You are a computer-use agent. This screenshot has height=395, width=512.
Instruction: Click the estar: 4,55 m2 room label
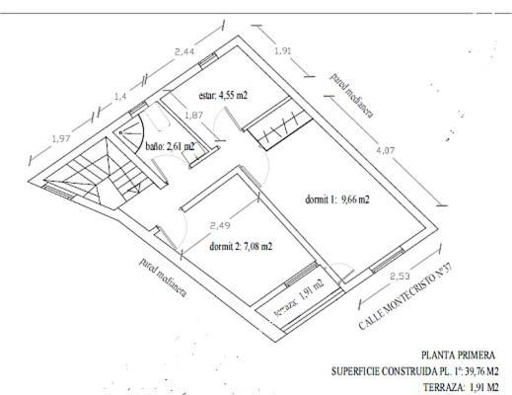point(223,96)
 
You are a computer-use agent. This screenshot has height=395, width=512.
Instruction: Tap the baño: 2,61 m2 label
point(170,146)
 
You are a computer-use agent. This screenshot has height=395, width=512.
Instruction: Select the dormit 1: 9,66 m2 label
point(337,199)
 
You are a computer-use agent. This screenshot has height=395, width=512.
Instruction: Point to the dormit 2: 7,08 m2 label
point(241,247)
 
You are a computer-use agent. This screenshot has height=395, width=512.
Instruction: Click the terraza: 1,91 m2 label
point(300,298)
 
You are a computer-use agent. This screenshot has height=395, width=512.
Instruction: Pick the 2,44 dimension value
point(184,51)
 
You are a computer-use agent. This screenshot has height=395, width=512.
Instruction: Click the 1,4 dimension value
point(120,97)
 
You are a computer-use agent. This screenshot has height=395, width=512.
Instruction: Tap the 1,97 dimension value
point(61,139)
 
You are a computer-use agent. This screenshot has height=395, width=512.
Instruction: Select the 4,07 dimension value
point(386,150)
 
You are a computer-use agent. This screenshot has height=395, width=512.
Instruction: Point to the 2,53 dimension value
point(400,276)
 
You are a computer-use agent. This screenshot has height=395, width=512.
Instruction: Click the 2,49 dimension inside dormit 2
point(220,226)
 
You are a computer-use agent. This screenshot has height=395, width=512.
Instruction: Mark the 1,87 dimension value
point(193,116)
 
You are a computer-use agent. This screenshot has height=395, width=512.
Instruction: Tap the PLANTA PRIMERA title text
point(458,355)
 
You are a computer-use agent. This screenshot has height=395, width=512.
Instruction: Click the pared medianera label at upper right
point(352,95)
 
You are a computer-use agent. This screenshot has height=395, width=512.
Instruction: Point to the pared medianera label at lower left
point(163,277)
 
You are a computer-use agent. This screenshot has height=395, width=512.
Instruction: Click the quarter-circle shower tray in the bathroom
point(129,132)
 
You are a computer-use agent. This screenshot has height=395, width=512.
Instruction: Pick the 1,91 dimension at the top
point(283,51)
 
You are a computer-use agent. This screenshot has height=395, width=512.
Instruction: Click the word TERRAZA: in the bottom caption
point(444,387)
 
